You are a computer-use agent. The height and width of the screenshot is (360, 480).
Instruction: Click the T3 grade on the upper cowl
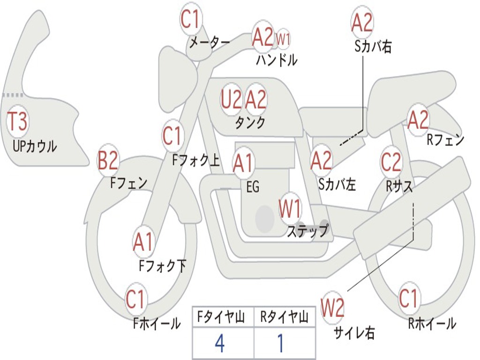17,122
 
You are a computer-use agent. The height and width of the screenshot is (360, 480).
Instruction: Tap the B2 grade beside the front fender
108,161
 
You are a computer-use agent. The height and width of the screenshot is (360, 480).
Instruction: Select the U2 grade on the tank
231,99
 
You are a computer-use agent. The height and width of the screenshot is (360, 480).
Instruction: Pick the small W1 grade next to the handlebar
283,39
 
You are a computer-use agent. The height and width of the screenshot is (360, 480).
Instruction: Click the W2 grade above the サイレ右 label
332,308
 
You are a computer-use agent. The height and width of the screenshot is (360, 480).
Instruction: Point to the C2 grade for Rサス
391,162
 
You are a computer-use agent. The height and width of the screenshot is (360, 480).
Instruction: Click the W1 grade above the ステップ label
291,209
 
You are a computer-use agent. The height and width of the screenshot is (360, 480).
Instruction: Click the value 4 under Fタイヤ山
219,344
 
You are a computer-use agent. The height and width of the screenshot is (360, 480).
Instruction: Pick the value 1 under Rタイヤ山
281,344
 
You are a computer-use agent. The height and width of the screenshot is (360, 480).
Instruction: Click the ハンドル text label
277,60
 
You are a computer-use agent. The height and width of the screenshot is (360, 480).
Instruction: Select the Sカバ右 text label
373,46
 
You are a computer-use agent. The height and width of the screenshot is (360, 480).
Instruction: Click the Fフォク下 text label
163,266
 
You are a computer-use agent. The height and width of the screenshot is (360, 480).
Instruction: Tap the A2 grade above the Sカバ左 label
321,161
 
